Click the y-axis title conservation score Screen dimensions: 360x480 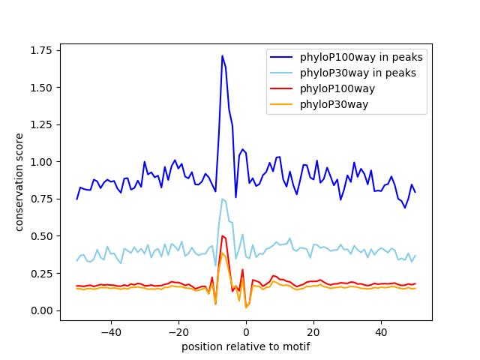point(20,182)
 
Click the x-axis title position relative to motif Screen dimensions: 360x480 point(245,346)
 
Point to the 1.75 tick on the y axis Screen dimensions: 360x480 point(40,50)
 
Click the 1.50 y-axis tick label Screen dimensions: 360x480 point(40,88)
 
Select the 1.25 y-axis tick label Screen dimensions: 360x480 point(40,124)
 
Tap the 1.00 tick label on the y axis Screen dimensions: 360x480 point(40,162)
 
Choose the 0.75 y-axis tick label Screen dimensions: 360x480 point(40,199)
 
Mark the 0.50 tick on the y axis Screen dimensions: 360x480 point(40,236)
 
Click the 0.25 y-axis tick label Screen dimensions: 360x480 point(40,273)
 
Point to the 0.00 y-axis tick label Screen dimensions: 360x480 point(40,310)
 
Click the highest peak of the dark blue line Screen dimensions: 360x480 point(222,55)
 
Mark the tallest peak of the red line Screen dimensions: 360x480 point(222,235)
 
